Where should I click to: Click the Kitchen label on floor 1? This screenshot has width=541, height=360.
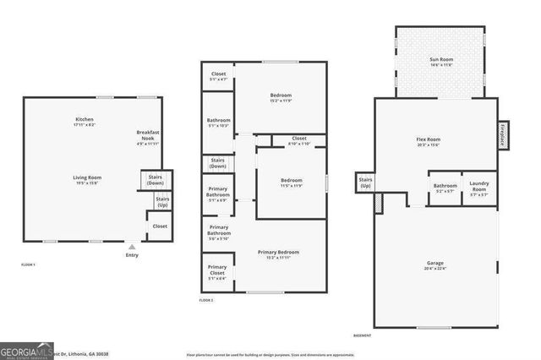coord(84,122)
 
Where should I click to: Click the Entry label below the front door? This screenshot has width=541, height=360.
coord(132,255)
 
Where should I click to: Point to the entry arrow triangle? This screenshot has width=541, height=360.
coord(131,247)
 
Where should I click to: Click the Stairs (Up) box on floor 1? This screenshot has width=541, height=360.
coord(161,202)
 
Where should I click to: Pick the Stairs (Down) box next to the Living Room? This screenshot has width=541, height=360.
coord(156,180)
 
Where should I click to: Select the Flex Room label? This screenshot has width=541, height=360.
coord(429,141)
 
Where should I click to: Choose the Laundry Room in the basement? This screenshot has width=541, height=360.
coord(478,188)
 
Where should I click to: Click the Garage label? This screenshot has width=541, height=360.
coord(434,265)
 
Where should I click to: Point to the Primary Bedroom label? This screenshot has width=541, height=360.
coord(278,254)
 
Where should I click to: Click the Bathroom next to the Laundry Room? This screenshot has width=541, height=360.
coord(445,188)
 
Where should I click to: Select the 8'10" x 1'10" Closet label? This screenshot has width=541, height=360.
coord(298,140)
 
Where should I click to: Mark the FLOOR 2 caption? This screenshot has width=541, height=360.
coord(206,301)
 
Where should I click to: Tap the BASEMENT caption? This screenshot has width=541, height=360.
coord(363,335)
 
